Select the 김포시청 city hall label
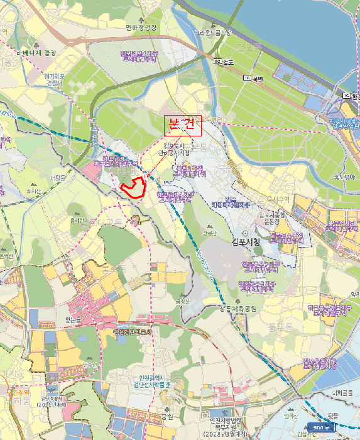233,241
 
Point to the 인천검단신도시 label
133,332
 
